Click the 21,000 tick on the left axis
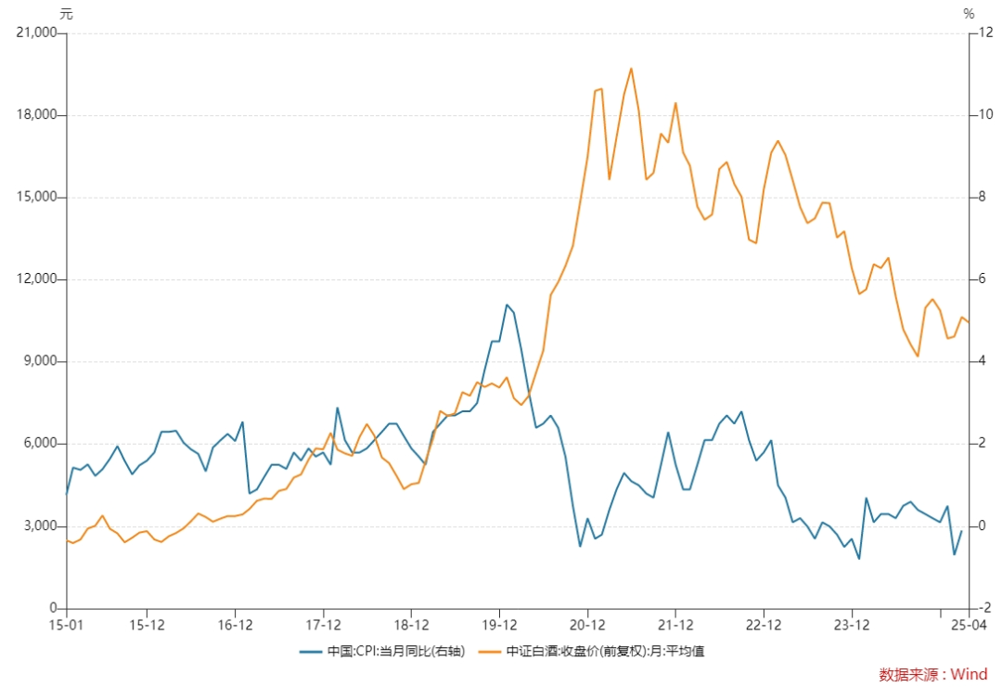click(x=36, y=32)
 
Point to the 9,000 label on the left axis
click(x=40, y=361)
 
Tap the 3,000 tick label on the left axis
click(x=40, y=525)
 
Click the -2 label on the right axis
click(x=984, y=608)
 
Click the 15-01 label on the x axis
click(x=66, y=625)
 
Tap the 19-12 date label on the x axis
click(x=499, y=625)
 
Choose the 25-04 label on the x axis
click(x=969, y=625)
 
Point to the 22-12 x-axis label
click(x=764, y=625)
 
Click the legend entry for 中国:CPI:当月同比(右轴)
click(x=382, y=652)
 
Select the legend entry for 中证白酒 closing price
click(x=591, y=652)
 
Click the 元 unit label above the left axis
click(x=66, y=13)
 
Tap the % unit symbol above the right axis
click(x=969, y=13)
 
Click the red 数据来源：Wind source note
click(x=933, y=674)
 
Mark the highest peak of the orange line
click(x=632, y=69)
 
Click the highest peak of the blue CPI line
click(x=507, y=305)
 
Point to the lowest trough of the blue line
click(x=859, y=559)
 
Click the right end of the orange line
click(x=969, y=322)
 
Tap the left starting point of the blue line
click(x=67, y=494)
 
